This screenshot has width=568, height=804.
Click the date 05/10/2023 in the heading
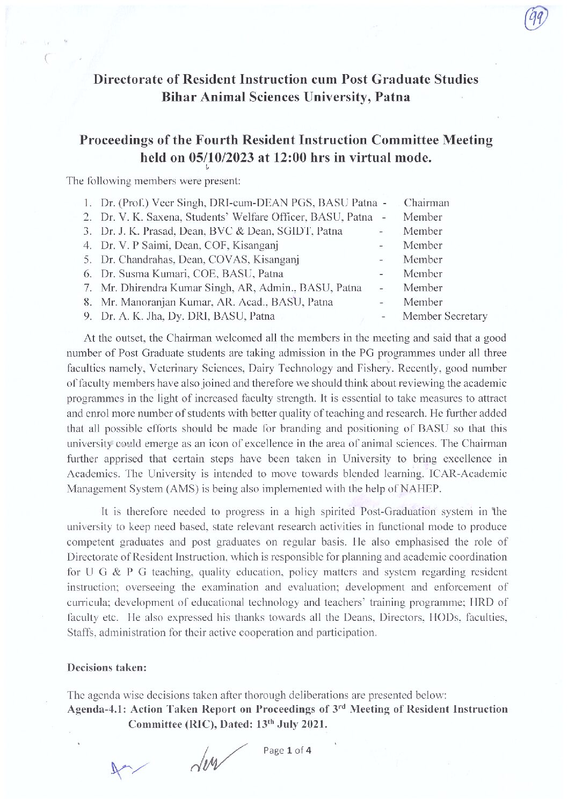(220, 158)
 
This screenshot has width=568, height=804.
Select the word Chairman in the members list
(426, 203)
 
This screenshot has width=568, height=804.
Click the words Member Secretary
(445, 316)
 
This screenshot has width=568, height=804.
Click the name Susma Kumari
(145, 274)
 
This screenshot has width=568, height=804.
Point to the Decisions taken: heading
(107, 668)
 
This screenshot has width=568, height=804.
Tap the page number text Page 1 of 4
(287, 750)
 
